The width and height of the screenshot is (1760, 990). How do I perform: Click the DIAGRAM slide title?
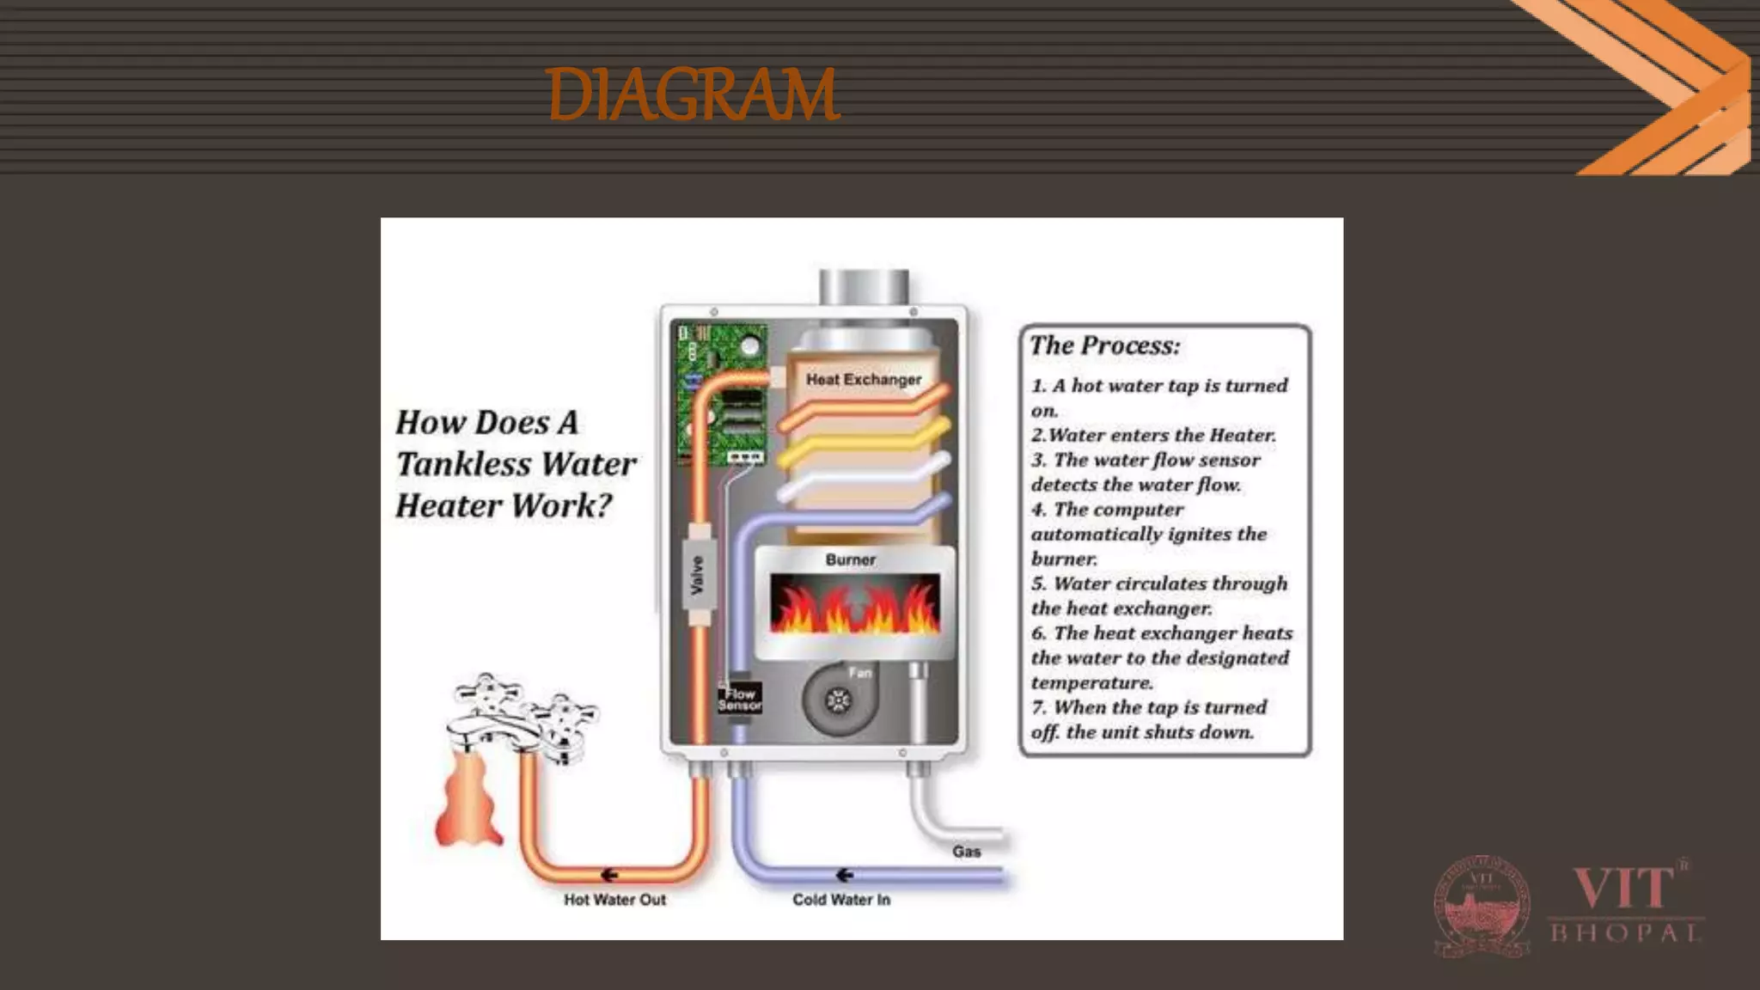692,95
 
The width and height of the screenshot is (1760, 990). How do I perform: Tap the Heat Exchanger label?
863,379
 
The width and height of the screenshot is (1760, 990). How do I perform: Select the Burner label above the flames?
850,559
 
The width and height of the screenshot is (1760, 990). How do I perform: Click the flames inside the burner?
853,605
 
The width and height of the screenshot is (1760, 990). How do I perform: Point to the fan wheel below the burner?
837,701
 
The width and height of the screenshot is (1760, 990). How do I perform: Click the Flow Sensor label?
739,698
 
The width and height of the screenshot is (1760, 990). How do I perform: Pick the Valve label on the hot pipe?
698,575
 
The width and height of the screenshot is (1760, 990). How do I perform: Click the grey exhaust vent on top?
863,286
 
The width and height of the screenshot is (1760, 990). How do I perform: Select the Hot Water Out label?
614,900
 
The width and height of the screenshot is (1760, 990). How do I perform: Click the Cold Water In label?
840,900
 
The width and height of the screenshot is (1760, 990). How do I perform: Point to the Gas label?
966,852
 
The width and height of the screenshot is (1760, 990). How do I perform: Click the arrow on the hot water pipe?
609,875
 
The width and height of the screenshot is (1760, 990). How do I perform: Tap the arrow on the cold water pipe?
844,875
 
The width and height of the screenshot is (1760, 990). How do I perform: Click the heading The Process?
1104,345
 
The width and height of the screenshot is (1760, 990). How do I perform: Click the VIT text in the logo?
1622,889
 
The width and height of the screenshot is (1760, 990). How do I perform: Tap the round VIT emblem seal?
1482,906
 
